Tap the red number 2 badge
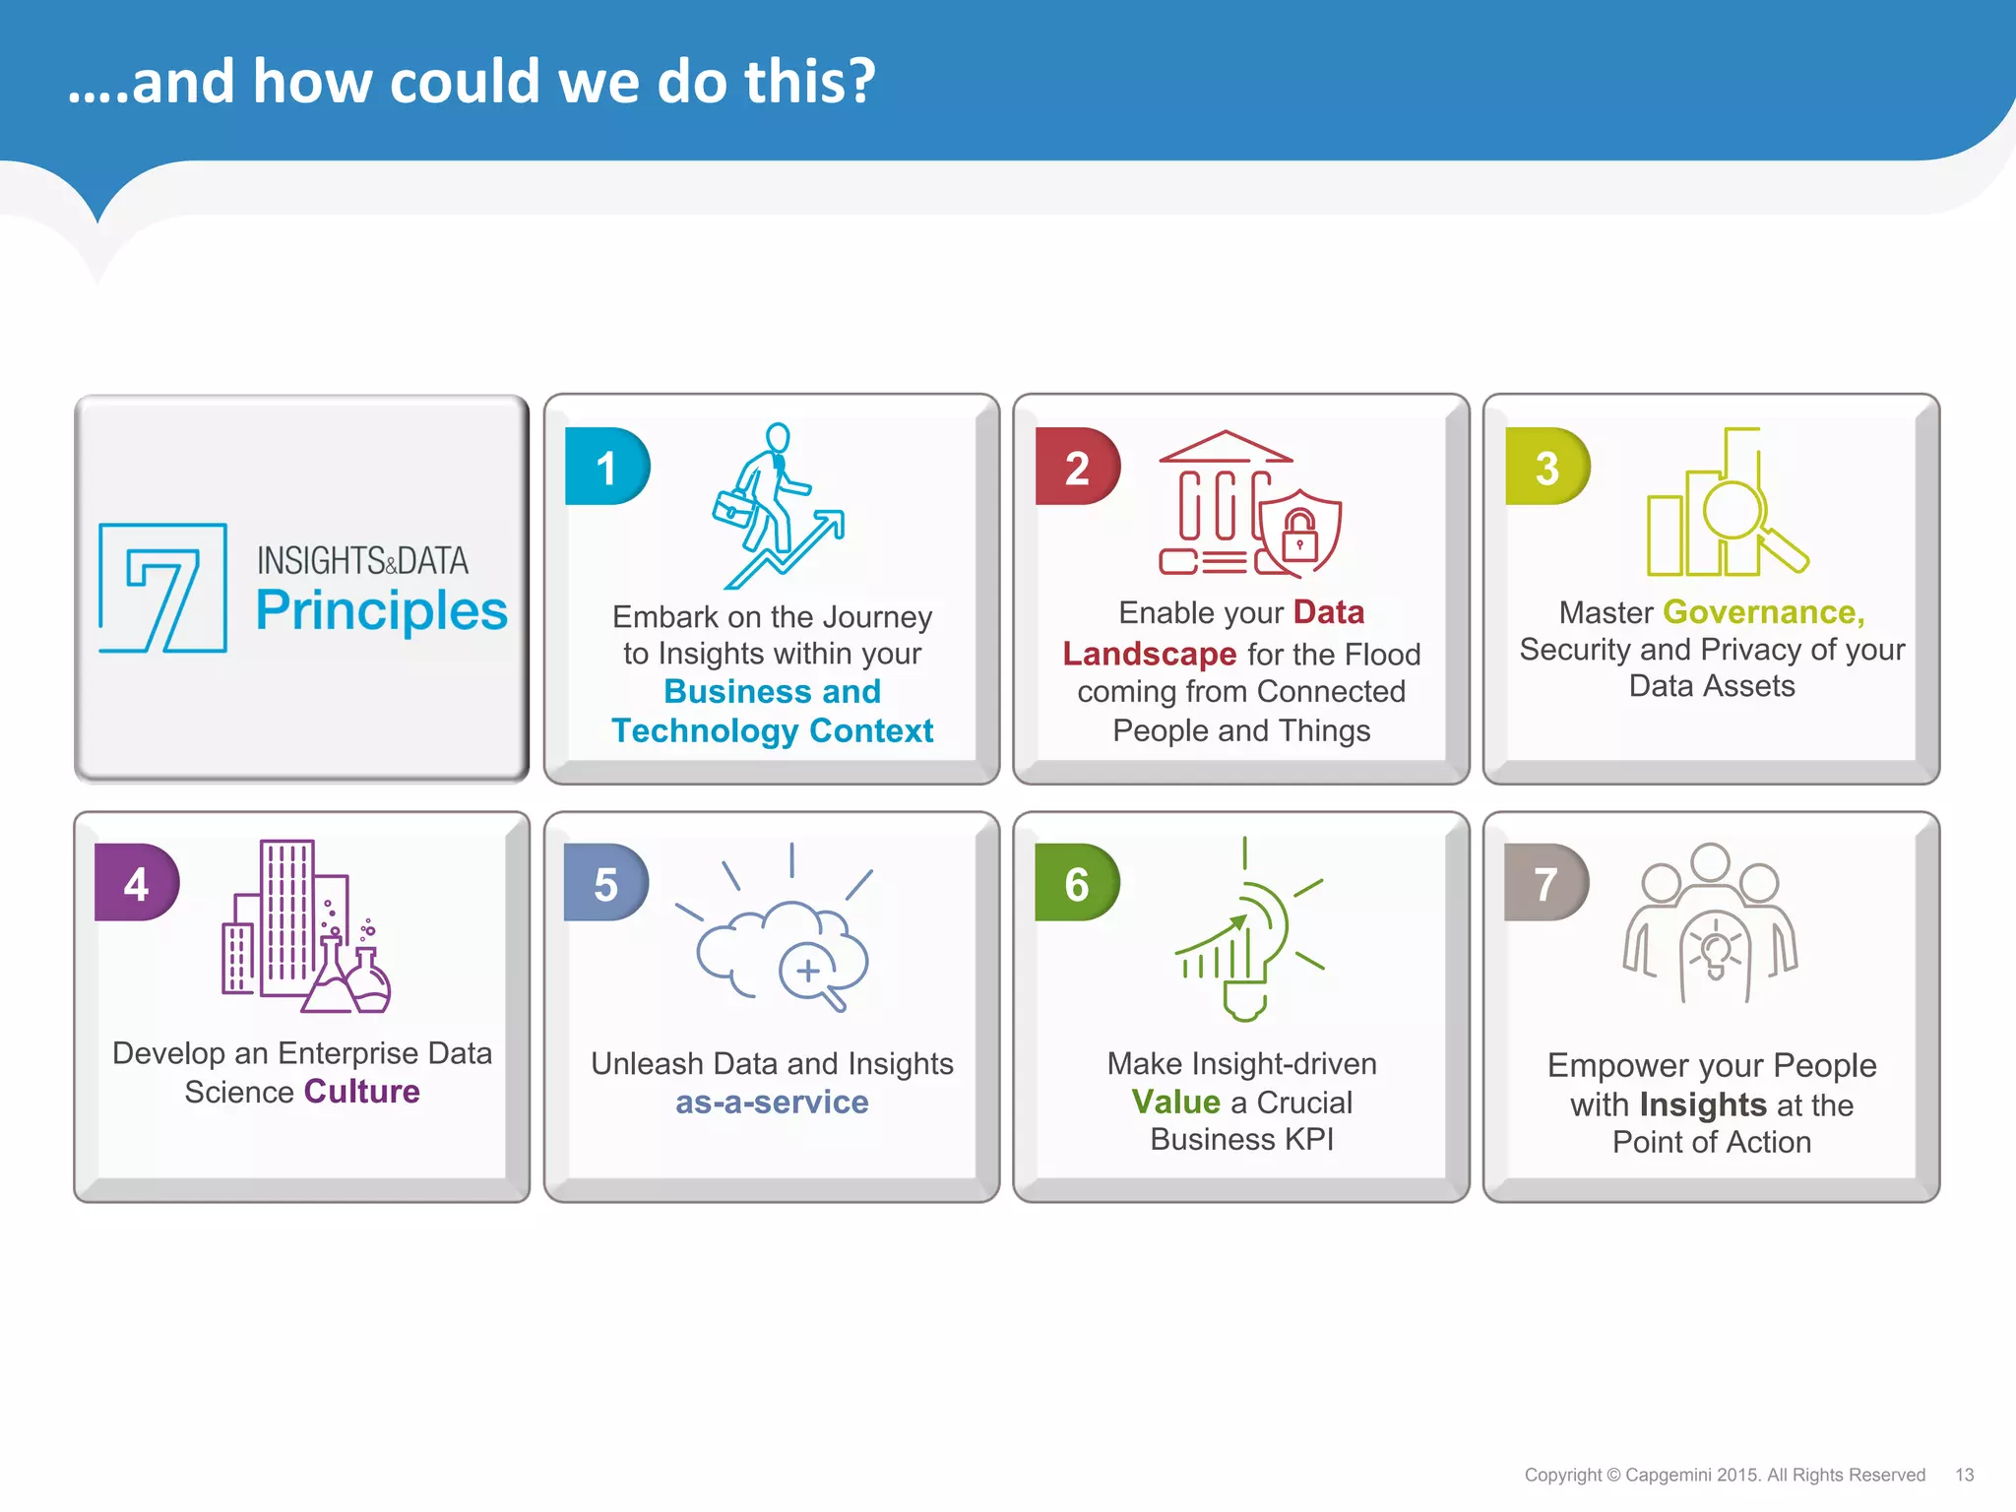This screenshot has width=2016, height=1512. (x=1077, y=467)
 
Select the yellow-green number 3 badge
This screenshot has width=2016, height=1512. (x=1546, y=467)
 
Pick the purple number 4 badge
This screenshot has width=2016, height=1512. (x=136, y=883)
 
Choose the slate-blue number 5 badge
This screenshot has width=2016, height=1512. (x=605, y=883)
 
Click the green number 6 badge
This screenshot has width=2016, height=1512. (x=1076, y=883)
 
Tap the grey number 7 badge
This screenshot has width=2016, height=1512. (x=1545, y=883)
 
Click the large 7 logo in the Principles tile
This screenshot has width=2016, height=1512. (x=163, y=588)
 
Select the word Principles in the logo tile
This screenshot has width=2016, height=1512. (x=381, y=610)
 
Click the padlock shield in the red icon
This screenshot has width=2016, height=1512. (x=1299, y=534)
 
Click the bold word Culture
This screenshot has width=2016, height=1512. (x=361, y=1092)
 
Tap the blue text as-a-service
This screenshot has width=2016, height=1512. (x=772, y=1102)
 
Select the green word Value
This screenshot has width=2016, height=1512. (x=1175, y=1102)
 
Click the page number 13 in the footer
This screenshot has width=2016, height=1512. (x=1964, y=1475)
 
